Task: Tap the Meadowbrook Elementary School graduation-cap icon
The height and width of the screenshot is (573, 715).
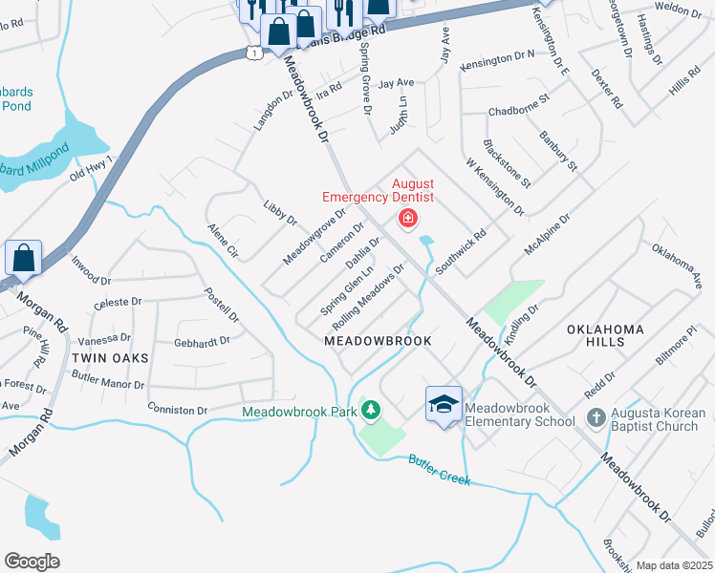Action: pos(444,405)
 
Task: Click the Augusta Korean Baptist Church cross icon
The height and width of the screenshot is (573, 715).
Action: pos(595,418)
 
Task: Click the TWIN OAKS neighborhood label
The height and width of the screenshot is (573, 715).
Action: pos(110,357)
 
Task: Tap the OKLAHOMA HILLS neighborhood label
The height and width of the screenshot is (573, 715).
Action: pos(605,329)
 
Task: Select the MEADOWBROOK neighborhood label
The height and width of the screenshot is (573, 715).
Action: pos(378,341)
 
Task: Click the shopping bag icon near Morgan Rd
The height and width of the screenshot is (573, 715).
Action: pos(23,259)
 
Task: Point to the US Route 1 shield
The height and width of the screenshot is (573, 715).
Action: pos(251,53)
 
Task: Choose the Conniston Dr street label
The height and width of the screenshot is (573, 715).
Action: pos(178,410)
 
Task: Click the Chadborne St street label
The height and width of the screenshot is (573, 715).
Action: pos(519,111)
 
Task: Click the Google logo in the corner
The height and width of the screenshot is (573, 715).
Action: pos(32,561)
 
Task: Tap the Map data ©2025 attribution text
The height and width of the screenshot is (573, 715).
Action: pos(674,565)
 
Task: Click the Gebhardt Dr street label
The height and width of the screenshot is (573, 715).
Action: pos(202,341)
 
